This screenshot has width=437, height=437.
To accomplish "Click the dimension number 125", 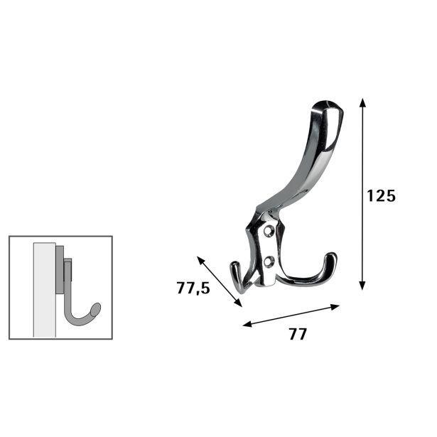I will click(x=381, y=195).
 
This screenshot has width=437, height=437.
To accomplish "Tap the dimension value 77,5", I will click(x=193, y=288).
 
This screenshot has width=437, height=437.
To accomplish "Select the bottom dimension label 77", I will click(x=298, y=334).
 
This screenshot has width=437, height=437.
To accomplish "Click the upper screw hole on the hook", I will click(x=269, y=232).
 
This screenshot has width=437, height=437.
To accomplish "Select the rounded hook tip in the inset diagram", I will click(x=96, y=308).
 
